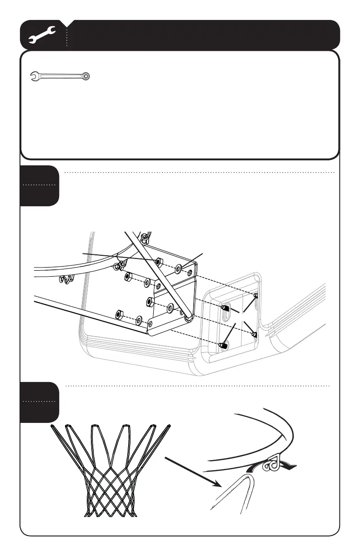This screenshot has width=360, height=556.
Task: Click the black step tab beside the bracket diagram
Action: pyautogui.click(x=40, y=185)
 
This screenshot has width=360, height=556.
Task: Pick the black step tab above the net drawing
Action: pyautogui.click(x=40, y=402)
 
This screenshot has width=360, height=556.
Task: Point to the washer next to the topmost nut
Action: pyautogui.click(x=178, y=269)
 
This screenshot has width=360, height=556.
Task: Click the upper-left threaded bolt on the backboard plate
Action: pyautogui.click(x=225, y=308)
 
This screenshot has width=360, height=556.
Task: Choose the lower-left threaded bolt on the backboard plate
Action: pyautogui.click(x=223, y=346)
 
